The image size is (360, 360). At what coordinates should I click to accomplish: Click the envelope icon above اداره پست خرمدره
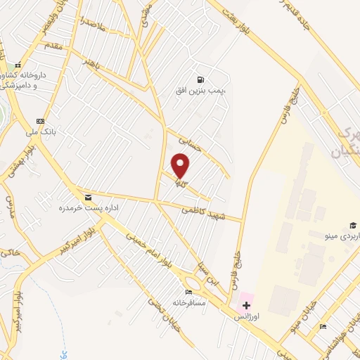[x=87, y=198]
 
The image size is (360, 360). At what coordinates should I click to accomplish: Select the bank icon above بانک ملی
[x=39, y=120]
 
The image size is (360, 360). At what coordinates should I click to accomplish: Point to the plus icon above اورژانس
[x=246, y=305]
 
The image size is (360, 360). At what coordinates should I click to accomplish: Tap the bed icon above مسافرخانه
[x=188, y=292]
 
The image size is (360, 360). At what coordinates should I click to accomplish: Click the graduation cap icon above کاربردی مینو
[x=314, y=225]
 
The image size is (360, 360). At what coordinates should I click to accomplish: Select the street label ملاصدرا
[x=93, y=23]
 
